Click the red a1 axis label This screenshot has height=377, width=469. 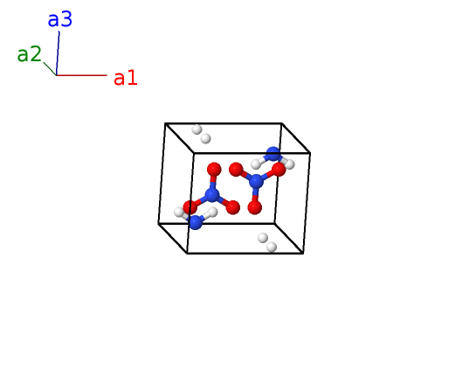(x=126, y=78)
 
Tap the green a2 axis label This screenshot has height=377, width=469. (x=29, y=54)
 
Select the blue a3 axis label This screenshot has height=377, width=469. (x=59, y=19)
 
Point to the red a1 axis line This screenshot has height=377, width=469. (x=81, y=75)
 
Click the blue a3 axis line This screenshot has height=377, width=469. (x=58, y=53)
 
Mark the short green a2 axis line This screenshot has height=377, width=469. (x=50, y=68)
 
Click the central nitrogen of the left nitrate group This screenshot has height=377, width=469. (x=212, y=194)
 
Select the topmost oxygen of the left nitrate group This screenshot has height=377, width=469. (x=214, y=170)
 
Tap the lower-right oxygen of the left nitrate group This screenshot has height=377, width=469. (x=232, y=207)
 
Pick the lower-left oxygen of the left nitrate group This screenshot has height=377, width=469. (x=190, y=207)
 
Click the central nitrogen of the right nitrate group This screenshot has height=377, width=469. (x=256, y=181)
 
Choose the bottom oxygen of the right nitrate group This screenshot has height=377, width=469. (x=255, y=207)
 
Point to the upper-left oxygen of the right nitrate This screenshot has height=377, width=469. (x=236, y=170)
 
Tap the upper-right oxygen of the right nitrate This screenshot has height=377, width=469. (x=279, y=170)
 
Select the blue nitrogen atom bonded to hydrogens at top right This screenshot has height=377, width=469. (x=273, y=154)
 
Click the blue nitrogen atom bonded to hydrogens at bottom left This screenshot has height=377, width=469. (x=195, y=222)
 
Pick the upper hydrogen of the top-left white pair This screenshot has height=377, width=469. (x=197, y=129)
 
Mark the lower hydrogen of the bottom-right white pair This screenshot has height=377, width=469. (x=272, y=248)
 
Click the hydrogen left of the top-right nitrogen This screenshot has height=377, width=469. (x=256, y=164)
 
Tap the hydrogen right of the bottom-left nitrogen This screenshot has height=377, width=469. (x=212, y=212)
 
